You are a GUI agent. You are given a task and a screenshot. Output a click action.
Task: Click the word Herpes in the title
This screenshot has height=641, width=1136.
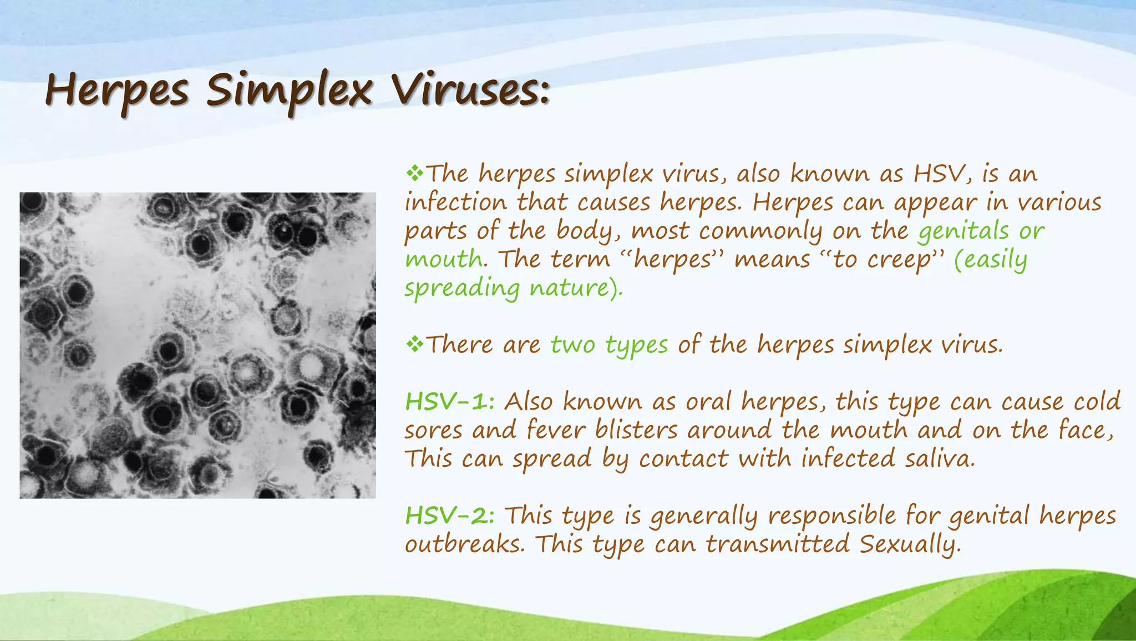pyautogui.click(x=117, y=91)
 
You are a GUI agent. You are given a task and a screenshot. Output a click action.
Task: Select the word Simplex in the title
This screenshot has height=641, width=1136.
pyautogui.click(x=288, y=91)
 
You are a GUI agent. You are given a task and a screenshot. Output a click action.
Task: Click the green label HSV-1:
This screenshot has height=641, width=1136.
pyautogui.click(x=450, y=401)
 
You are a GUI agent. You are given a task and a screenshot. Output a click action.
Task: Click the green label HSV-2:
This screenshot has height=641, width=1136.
pyautogui.click(x=450, y=516)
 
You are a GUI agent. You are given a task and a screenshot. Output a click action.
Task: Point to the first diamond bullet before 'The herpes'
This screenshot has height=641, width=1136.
pyautogui.click(x=414, y=174)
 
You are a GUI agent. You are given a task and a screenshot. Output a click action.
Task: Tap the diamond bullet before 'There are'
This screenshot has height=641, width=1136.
pyautogui.click(x=414, y=345)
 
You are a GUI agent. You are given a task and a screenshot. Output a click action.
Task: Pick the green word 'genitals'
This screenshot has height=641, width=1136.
pyautogui.click(x=963, y=231)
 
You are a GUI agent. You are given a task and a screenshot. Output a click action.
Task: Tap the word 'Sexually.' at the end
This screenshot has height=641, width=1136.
pyautogui.click(x=910, y=544)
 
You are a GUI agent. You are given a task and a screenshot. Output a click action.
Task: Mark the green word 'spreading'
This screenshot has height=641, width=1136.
pyautogui.click(x=461, y=289)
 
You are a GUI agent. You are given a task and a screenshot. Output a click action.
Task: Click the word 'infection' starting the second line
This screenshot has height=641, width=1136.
pyautogui.click(x=455, y=202)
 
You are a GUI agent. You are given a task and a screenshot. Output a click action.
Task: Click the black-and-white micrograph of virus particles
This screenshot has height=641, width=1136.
pyautogui.click(x=197, y=345)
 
